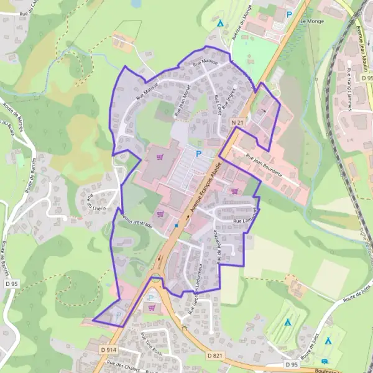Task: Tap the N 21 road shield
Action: pyautogui.click(x=236, y=124)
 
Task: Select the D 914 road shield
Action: pyautogui.click(x=108, y=350)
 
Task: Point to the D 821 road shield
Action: pyautogui.click(x=216, y=354)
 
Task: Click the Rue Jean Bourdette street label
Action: pyautogui.click(x=264, y=165)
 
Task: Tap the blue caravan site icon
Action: pyautogui.click(x=325, y=361)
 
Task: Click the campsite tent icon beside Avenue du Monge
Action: pyautogui.click(x=221, y=23)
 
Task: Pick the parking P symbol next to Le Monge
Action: pyautogui.click(x=288, y=14)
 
